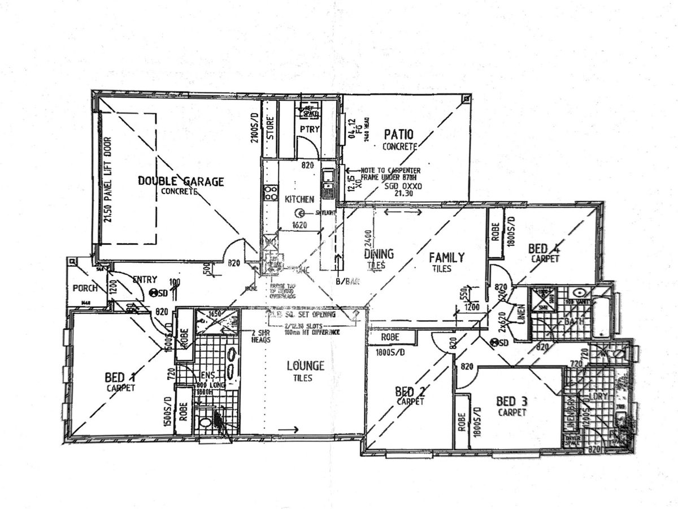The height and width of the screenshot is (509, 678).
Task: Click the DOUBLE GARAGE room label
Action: coord(181,182)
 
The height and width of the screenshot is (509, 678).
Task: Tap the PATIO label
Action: coord(398,135)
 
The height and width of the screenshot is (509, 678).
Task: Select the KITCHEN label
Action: coord(299,199)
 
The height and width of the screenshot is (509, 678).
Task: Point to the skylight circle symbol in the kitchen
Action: coord(301,213)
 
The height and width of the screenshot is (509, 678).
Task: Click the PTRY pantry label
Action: coord(310,130)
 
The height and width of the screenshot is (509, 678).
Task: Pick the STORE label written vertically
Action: coord(270,128)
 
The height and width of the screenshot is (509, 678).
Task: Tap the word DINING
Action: coord(379,254)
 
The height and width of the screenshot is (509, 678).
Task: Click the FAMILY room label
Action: coord(446,257)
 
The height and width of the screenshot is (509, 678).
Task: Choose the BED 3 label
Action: coord(511,402)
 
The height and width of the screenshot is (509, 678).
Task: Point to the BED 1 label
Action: coord(120,377)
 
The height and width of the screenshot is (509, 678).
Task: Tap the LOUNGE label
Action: coord(305,365)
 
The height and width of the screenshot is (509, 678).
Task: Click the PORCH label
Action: coord(86,288)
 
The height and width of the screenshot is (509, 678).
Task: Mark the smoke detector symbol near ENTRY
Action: coord(154,292)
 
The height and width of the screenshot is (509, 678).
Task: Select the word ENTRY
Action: coord(145,279)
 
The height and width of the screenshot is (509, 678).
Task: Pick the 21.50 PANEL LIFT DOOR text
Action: coord(108,179)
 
